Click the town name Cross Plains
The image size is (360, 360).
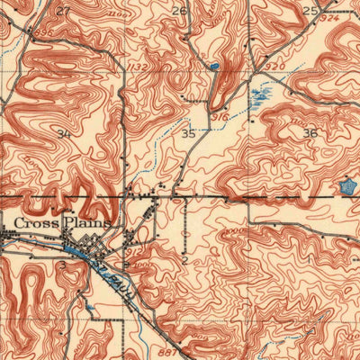coord(60,221)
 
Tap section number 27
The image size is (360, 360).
coord(62,11)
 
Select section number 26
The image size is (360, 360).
coord(180,11)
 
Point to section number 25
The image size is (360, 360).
coord(310,11)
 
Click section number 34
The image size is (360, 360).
coord(63,134)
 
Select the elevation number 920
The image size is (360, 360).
coord(277,66)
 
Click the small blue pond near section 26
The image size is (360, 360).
coord(213,66)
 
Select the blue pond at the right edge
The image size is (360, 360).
coord(346,186)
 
